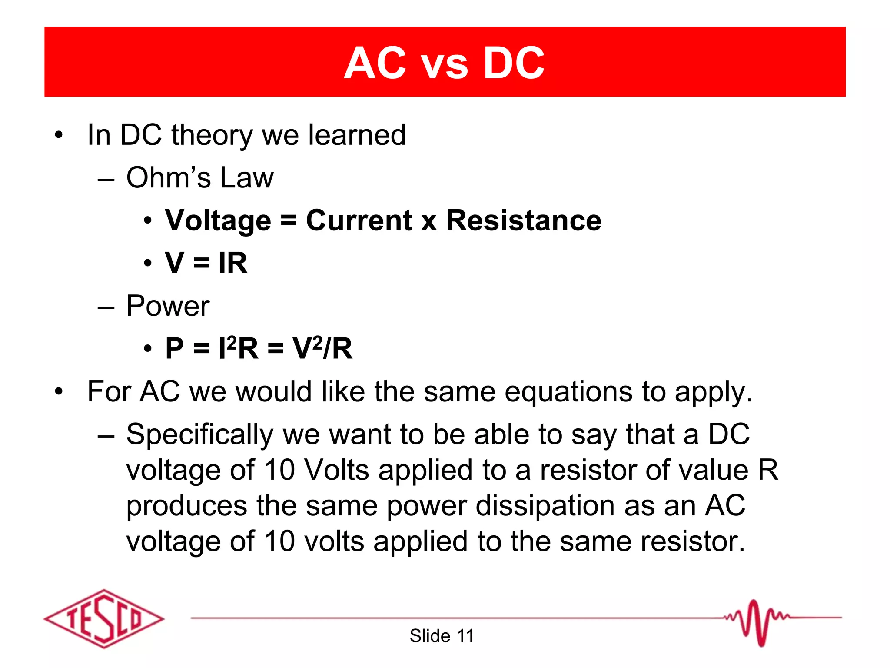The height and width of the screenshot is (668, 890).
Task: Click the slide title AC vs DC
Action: [x=444, y=63]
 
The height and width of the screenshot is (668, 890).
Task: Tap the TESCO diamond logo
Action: [x=104, y=618]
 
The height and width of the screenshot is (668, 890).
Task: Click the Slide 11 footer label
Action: [x=442, y=636]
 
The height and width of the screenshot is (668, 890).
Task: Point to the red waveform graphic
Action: [x=756, y=622]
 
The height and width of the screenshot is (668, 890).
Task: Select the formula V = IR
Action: [x=206, y=263]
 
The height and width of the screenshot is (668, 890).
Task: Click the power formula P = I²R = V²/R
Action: [x=259, y=348]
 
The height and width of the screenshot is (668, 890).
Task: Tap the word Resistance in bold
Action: [x=524, y=220]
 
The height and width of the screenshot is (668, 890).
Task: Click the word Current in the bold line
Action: [x=359, y=220]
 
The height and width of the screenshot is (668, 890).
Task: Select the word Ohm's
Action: [x=168, y=177]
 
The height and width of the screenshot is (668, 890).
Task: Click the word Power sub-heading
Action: [x=168, y=306]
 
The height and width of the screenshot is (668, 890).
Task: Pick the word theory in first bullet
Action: [x=212, y=136]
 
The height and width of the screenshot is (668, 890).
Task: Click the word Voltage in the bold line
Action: [x=218, y=221]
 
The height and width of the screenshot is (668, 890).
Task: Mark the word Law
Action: [x=247, y=177]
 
